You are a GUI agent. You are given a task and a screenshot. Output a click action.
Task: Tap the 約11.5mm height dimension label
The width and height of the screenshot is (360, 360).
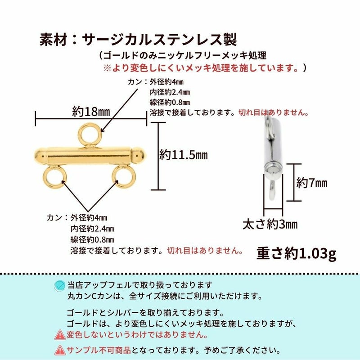click(183, 155)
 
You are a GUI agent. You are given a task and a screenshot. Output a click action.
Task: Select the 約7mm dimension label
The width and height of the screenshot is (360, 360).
click(311, 183)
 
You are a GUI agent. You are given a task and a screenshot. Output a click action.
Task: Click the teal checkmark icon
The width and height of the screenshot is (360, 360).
click(59, 285)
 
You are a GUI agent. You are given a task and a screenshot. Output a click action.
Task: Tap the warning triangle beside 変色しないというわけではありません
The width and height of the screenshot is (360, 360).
click(59, 334)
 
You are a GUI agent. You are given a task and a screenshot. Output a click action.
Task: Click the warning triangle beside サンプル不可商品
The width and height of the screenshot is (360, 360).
click(59, 350)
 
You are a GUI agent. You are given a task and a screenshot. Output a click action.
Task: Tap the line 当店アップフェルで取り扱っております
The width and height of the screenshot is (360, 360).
click(139, 285)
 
